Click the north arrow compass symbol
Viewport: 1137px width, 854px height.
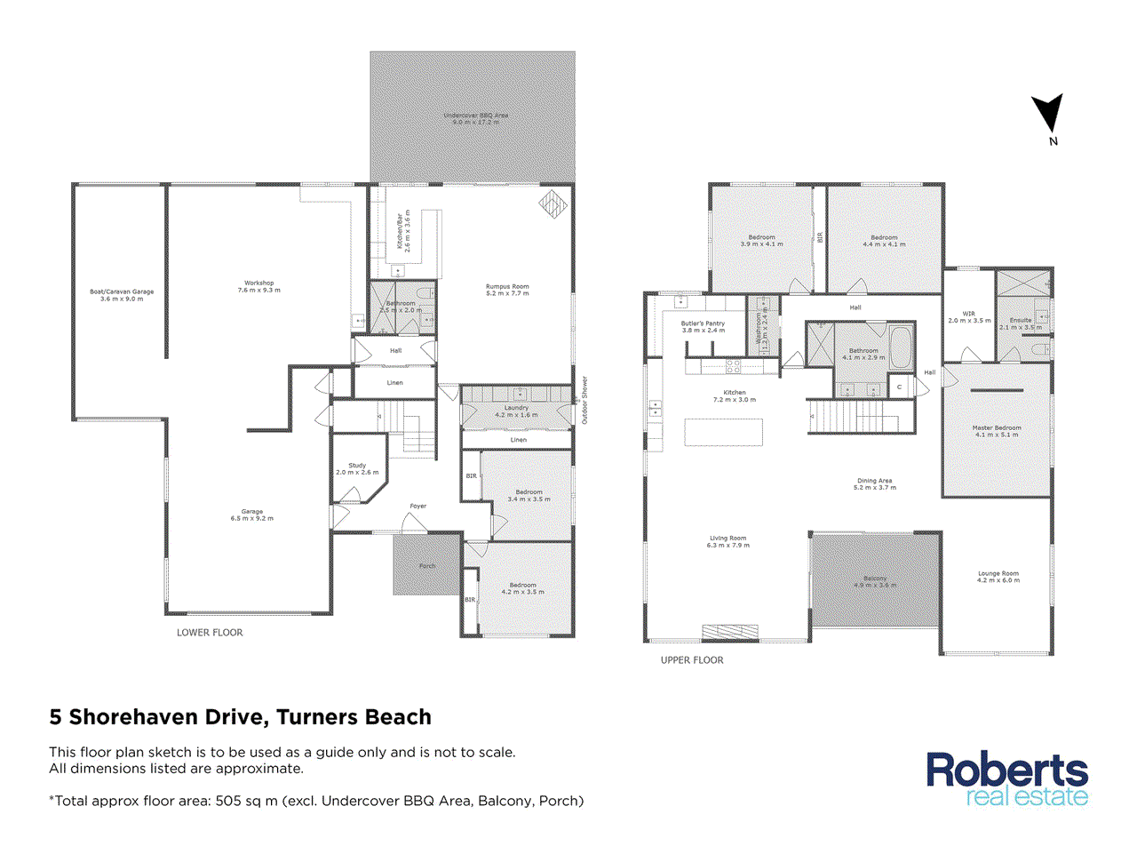pyautogui.click(x=1048, y=114)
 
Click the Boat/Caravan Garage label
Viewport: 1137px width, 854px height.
pyautogui.click(x=122, y=295)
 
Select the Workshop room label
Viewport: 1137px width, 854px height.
pyautogui.click(x=258, y=286)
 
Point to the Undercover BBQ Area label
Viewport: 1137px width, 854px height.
pyautogui.click(x=475, y=118)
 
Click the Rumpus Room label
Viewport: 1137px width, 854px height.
pyautogui.click(x=507, y=290)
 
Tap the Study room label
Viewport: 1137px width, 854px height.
pyautogui.click(x=357, y=468)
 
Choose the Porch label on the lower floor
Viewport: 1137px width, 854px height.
pyautogui.click(x=427, y=566)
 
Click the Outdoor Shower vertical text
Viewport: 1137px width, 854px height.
pyautogui.click(x=584, y=400)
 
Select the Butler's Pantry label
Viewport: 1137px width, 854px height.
pyautogui.click(x=703, y=326)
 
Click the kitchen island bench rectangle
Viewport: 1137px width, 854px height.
pyautogui.click(x=723, y=432)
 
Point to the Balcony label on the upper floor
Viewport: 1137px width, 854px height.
pyautogui.click(x=875, y=581)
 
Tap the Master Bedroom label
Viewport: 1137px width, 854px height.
pyautogui.click(x=997, y=431)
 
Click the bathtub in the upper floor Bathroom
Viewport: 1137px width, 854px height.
pyautogui.click(x=901, y=347)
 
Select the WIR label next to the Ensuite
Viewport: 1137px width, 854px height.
pyautogui.click(x=968, y=316)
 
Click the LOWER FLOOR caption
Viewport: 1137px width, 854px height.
pyautogui.click(x=210, y=633)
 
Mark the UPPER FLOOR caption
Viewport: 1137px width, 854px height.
pyautogui.click(x=692, y=660)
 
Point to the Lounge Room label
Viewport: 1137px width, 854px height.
pyautogui.click(x=998, y=577)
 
